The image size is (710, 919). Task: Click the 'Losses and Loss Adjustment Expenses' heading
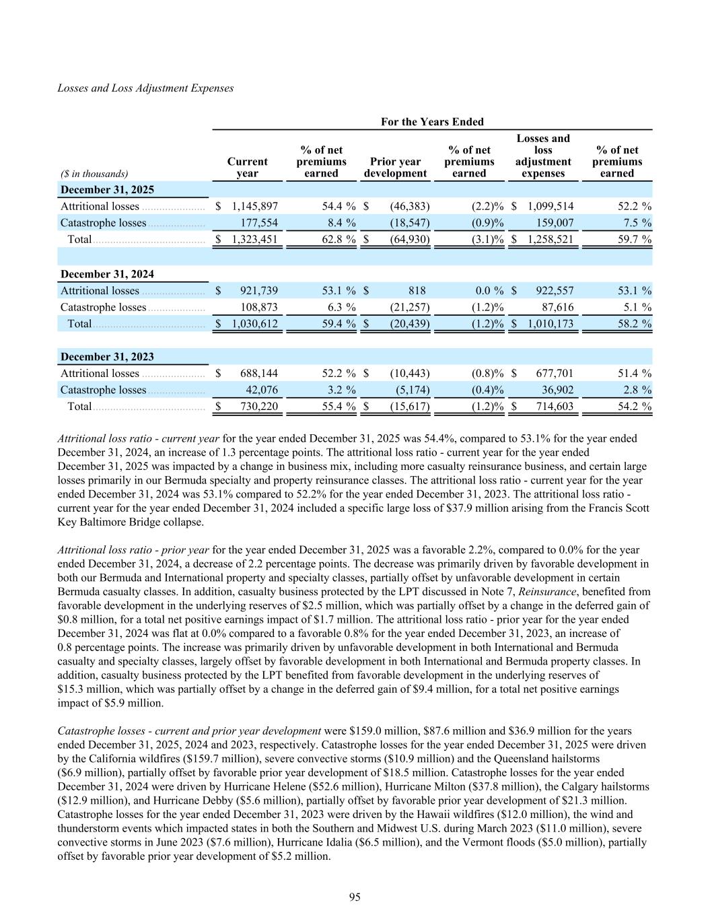point(145,88)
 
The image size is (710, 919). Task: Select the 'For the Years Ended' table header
point(432,122)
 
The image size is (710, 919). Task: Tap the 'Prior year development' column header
point(395,167)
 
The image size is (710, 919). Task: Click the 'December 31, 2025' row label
point(107,190)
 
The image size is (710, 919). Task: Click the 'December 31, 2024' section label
point(107,274)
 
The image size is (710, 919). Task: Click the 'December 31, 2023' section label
point(107,357)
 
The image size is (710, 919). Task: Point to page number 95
point(355,897)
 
